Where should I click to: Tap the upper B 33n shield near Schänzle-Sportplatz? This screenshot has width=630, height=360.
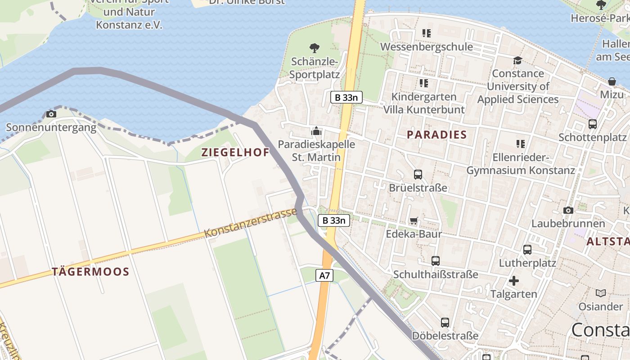346,97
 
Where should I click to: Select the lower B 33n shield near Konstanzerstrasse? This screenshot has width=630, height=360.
334,220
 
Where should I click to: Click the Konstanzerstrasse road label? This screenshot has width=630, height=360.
251,223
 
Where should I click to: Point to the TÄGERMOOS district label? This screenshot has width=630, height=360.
90,272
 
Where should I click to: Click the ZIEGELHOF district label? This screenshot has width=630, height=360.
235,152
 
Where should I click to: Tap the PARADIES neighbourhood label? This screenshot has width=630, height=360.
437,135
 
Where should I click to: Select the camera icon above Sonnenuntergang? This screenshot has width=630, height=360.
51,114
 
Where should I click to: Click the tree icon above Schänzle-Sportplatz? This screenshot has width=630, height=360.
315,48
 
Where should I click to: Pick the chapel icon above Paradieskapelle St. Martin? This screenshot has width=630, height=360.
316,131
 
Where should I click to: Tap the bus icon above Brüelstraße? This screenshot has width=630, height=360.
418,174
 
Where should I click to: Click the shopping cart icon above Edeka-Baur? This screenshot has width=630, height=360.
414,220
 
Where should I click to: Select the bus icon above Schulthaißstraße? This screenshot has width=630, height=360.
435,261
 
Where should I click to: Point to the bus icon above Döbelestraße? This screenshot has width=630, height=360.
445,322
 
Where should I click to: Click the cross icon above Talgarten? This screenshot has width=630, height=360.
513,281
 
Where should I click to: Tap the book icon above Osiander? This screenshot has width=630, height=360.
601,293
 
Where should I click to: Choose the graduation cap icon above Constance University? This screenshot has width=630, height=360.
517,60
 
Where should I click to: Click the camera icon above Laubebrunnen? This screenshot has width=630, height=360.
568,210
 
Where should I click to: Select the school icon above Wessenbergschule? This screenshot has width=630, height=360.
426,33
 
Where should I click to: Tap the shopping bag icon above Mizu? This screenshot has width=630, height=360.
612,81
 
